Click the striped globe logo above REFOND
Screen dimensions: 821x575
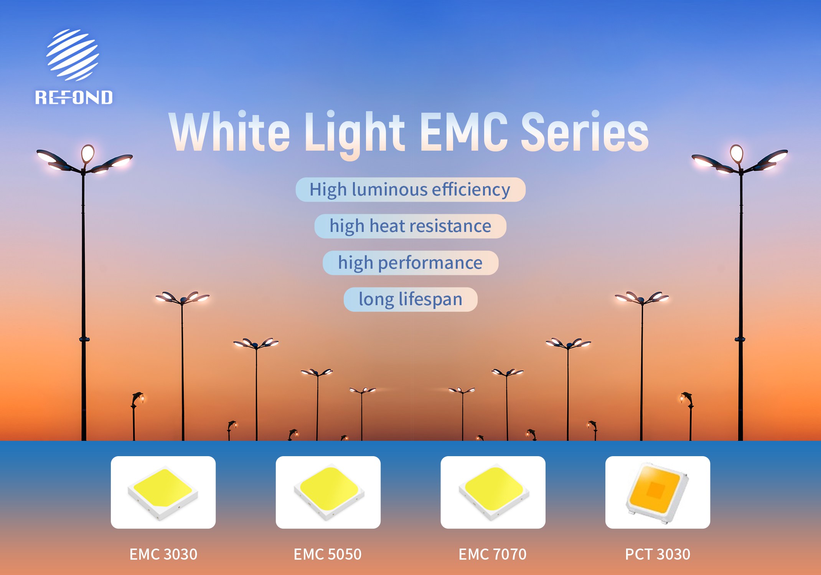[x=73, y=55]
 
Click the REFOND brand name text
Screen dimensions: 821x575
[x=74, y=97]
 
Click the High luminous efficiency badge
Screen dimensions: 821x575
[x=410, y=190]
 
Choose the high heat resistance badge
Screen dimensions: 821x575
[x=410, y=226]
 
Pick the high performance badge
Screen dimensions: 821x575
[x=410, y=263]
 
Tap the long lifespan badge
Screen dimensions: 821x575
[x=410, y=299]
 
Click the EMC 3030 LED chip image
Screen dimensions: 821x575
[x=163, y=492]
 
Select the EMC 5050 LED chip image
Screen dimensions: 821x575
[x=328, y=492]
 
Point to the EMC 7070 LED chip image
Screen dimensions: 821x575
[x=493, y=492]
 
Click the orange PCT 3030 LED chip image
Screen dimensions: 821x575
[x=658, y=492]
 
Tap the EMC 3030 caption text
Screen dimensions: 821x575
[x=163, y=554]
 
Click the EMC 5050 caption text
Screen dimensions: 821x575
[x=328, y=554]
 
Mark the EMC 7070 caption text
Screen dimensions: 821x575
[x=493, y=554]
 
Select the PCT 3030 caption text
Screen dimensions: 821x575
[x=658, y=554]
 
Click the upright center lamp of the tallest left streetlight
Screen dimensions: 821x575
[x=88, y=154]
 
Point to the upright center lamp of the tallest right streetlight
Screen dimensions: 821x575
[x=736, y=154]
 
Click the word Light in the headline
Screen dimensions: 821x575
[x=355, y=134]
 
